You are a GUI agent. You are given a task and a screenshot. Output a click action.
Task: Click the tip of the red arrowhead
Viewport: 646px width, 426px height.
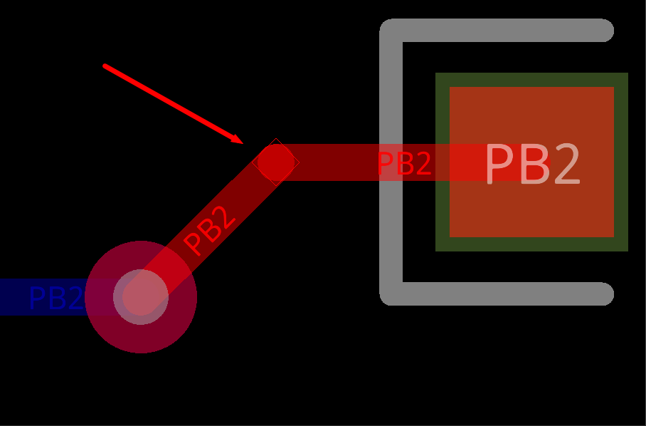tap(243, 142)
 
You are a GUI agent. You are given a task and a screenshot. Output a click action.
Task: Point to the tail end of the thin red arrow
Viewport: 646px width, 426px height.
tap(105, 66)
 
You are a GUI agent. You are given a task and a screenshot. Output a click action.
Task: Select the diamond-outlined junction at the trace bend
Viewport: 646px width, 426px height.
tap(275, 162)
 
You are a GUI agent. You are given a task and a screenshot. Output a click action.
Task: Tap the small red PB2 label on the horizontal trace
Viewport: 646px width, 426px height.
tap(403, 165)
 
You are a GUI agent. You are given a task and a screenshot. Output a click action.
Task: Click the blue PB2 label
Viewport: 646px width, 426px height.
tap(55, 298)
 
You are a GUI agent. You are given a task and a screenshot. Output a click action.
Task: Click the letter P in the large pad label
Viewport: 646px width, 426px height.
tap(499, 165)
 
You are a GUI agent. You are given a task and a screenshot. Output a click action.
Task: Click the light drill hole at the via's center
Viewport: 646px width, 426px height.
tap(141, 297)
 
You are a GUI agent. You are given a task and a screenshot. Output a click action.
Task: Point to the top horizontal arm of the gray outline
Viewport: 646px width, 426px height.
tap(498, 31)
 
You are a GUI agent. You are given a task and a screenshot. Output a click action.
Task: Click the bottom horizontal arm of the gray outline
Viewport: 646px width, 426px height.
tap(498, 293)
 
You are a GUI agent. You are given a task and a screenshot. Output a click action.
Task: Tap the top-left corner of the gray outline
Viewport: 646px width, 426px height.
tap(390, 29)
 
